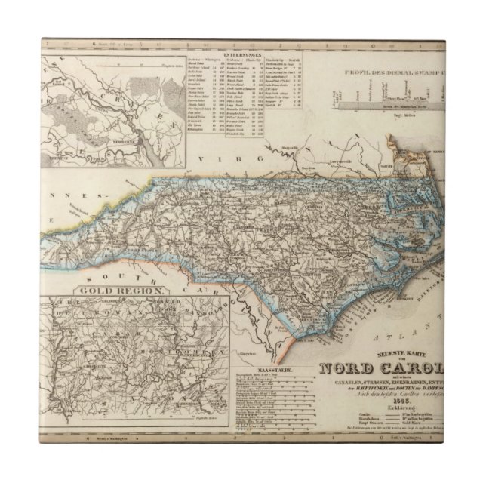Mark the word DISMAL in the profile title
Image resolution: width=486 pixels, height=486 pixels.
tap(406, 74)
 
